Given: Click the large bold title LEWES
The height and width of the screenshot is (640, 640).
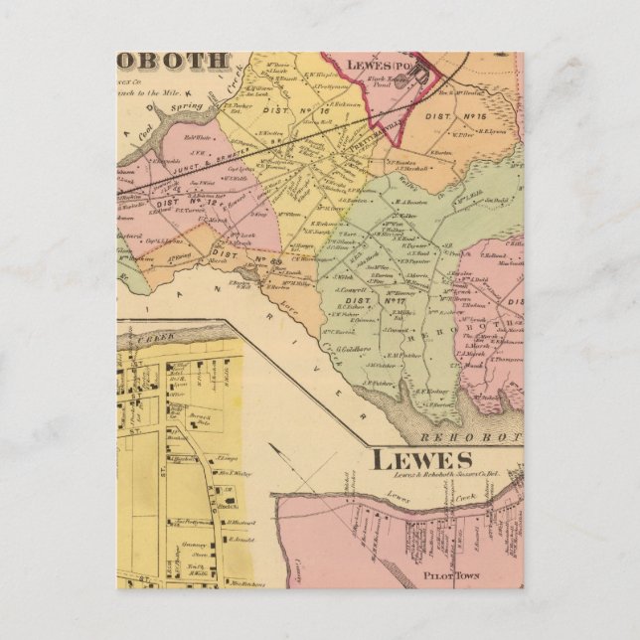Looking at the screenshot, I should pyautogui.click(x=422, y=459).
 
